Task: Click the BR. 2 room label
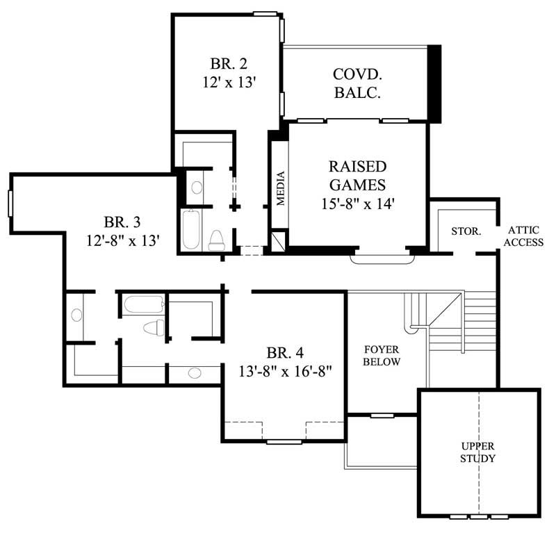[x=228, y=63]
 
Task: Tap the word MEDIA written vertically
[x=281, y=188]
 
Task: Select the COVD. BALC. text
[x=357, y=83]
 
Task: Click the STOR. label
[x=466, y=231]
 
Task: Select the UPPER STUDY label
[x=478, y=452]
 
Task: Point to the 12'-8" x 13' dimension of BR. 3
[x=122, y=240]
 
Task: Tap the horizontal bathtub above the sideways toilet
[x=143, y=304]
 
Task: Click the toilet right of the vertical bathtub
[x=217, y=239]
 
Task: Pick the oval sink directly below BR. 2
[x=197, y=188]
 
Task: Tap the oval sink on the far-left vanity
[x=76, y=315]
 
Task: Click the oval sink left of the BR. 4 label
[x=194, y=373]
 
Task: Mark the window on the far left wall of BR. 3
[x=10, y=203]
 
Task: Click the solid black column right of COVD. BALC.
[x=434, y=84]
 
